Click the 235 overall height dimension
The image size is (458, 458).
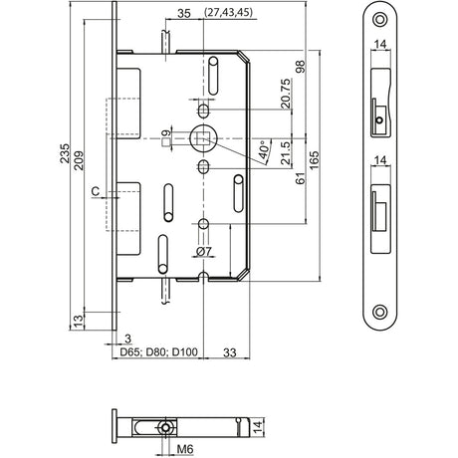click(x=65, y=153)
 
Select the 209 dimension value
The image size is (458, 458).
click(x=79, y=160)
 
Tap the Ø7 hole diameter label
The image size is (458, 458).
click(x=204, y=252)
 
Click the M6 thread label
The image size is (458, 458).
click(x=185, y=450)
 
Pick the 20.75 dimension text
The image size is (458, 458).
click(x=286, y=94)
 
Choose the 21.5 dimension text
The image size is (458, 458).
click(x=286, y=153)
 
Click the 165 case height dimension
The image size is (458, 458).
click(x=314, y=160)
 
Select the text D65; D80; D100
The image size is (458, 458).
click(x=159, y=351)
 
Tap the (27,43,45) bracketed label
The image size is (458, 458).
click(x=229, y=12)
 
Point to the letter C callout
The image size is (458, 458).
click(x=96, y=191)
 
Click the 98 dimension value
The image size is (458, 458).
click(x=300, y=67)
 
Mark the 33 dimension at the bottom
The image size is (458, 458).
click(x=229, y=352)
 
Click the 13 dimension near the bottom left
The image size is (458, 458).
click(x=78, y=321)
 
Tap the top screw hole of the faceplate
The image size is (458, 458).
click(x=380, y=19)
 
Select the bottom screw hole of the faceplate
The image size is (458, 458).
click(x=380, y=312)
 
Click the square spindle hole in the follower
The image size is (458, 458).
click(x=203, y=138)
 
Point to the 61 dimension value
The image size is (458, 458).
click(x=300, y=178)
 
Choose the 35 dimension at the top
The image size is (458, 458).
click(x=184, y=14)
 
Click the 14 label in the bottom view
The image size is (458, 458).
click(x=258, y=426)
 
